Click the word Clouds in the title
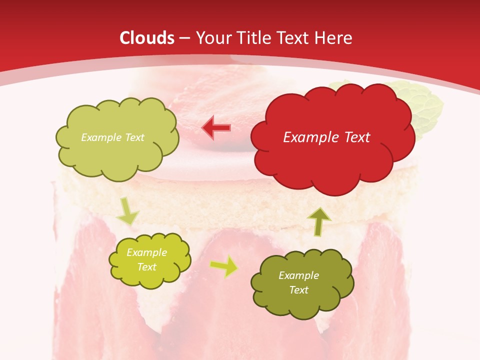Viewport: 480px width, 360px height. click(147, 38)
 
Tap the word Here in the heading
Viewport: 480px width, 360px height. click(334, 38)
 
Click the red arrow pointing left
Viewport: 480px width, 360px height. click(216, 127)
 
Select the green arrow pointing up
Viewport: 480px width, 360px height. click(319, 221)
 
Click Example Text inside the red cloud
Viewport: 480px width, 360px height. click(326, 137)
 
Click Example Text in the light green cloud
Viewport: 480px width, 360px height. click(112, 137)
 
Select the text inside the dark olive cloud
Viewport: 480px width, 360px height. click(298, 282)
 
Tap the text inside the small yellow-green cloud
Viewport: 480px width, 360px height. click(146, 259)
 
